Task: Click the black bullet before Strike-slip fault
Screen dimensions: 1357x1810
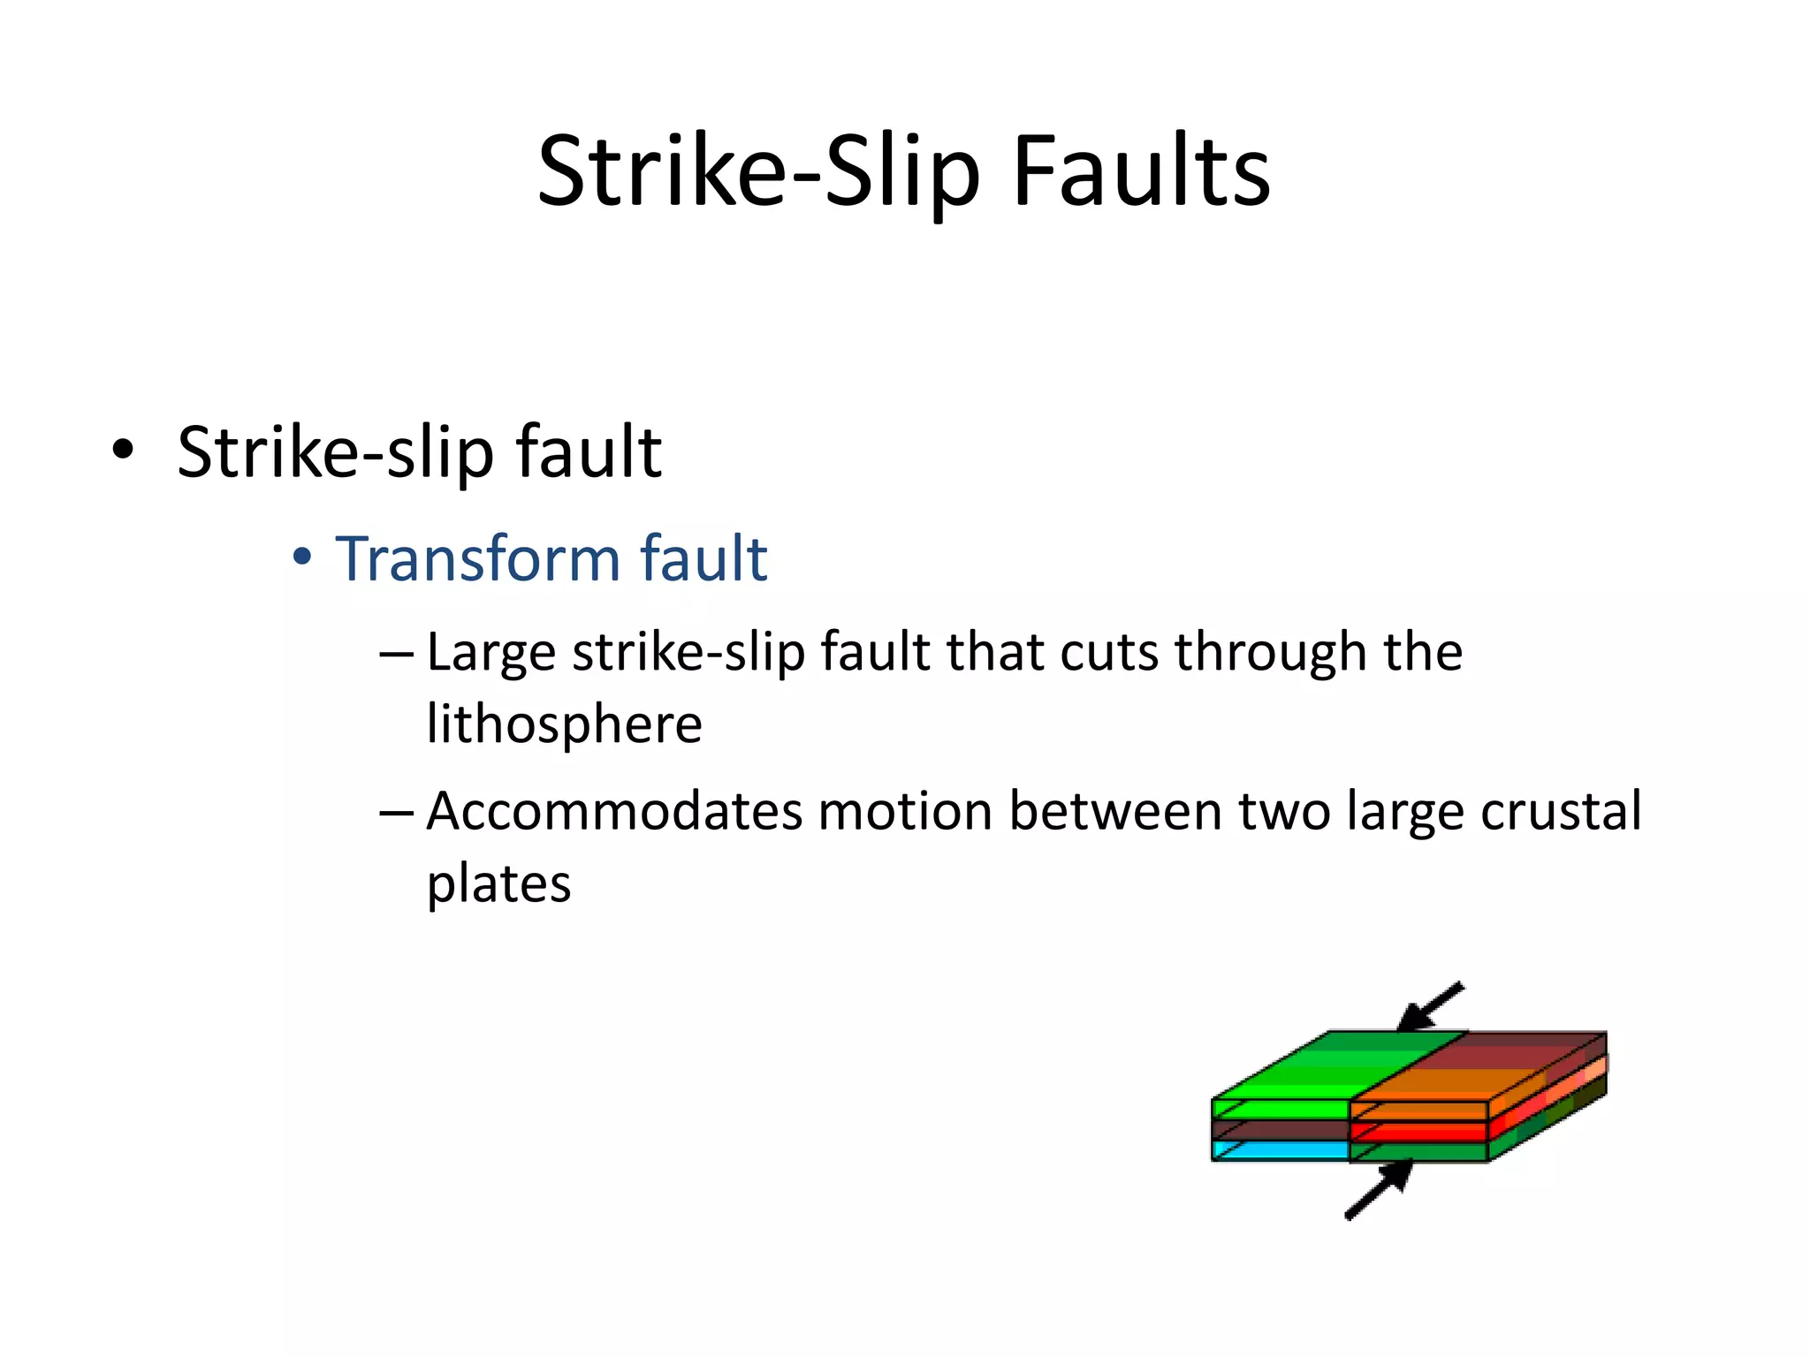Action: [123, 450]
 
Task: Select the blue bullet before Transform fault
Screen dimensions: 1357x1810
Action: [302, 557]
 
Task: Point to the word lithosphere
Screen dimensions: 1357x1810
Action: [564, 724]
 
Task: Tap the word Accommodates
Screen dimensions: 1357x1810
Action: [614, 811]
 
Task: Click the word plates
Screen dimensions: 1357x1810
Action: [498, 883]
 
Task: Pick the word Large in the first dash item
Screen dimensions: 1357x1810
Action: [491, 654]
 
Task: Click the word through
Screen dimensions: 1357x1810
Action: [1271, 654]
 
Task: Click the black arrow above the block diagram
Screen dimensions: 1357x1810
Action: [1430, 1007]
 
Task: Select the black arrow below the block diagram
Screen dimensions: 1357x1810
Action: [1380, 1189]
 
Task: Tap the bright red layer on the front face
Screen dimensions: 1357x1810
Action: [1418, 1132]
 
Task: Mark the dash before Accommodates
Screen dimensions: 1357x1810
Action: [395, 812]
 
